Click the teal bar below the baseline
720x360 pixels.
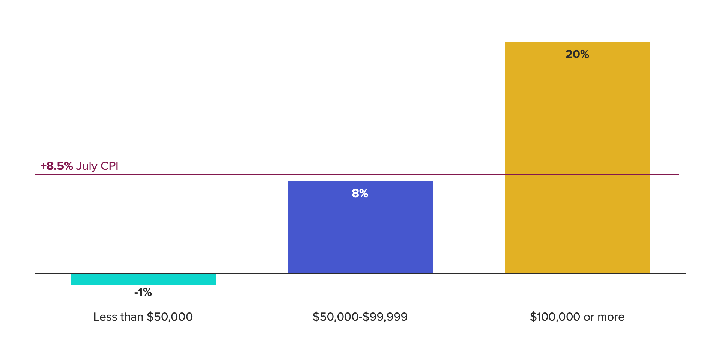click(143, 279)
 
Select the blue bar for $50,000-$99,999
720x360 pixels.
click(360, 232)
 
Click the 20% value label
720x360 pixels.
click(577, 54)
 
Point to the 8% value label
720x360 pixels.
click(360, 193)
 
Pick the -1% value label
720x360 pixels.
click(143, 292)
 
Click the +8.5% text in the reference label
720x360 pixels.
click(57, 166)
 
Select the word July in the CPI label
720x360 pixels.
click(87, 166)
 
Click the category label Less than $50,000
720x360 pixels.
click(143, 317)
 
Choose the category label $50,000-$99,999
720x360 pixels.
click(360, 317)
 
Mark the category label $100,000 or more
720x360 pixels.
click(577, 317)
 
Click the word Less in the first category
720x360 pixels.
click(103, 317)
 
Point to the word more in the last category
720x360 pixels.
click(611, 317)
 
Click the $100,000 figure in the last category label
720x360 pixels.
click(555, 317)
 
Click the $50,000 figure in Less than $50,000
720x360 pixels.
click(169, 317)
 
